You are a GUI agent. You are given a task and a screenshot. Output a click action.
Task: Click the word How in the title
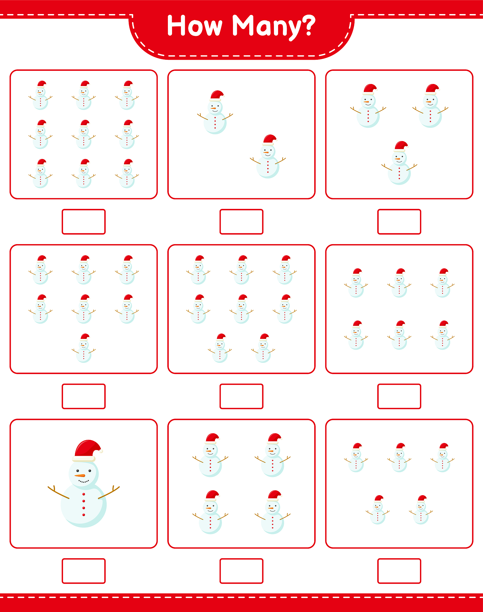tap(194, 26)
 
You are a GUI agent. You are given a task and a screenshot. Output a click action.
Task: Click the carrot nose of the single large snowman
tap(80, 475)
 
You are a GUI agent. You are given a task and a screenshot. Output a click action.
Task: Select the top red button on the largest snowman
tap(84, 494)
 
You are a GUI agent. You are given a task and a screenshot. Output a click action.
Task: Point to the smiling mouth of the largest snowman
tap(84, 481)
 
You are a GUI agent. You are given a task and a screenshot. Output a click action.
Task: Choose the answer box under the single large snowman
tap(84, 571)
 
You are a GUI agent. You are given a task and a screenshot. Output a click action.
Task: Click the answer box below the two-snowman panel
tap(241, 222)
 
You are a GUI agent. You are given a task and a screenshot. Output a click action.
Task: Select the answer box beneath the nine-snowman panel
tap(84, 222)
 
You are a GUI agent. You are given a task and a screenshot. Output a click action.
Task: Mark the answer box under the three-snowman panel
tap(399, 222)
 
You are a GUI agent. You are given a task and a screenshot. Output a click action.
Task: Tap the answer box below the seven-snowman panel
tap(84, 396)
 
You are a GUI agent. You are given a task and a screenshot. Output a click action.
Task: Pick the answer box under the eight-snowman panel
tap(241, 396)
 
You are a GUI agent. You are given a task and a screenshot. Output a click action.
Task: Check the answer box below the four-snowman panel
tap(241, 571)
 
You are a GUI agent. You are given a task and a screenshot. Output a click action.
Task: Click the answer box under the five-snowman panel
tap(399, 571)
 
